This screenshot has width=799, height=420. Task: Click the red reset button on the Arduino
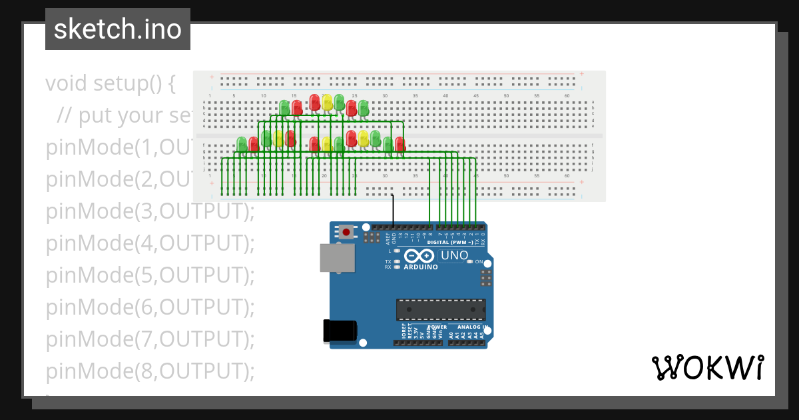pos(346,232)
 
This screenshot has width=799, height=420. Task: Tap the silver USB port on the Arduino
pos(337,257)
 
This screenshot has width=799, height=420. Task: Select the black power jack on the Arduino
pos(339,331)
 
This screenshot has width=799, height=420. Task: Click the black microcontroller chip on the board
pos(440,309)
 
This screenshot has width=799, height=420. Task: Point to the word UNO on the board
pos(455,255)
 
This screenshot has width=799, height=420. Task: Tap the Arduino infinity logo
pos(419,255)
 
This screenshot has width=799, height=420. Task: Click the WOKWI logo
pos(707,367)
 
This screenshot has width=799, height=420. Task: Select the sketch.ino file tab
pos(118,29)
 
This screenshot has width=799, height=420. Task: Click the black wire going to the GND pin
pos(393,210)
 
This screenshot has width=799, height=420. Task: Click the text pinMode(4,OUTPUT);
pos(150,243)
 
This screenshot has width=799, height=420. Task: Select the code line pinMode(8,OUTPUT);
pos(150,370)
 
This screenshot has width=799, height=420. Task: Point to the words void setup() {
pos(111,84)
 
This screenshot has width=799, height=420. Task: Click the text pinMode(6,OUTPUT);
pos(150,307)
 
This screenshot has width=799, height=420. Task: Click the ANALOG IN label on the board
pos(473,327)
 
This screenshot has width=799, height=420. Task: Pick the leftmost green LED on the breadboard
pos(242,143)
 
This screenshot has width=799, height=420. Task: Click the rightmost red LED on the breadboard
pos(400,143)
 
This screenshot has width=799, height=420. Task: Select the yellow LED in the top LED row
pos(327,101)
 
